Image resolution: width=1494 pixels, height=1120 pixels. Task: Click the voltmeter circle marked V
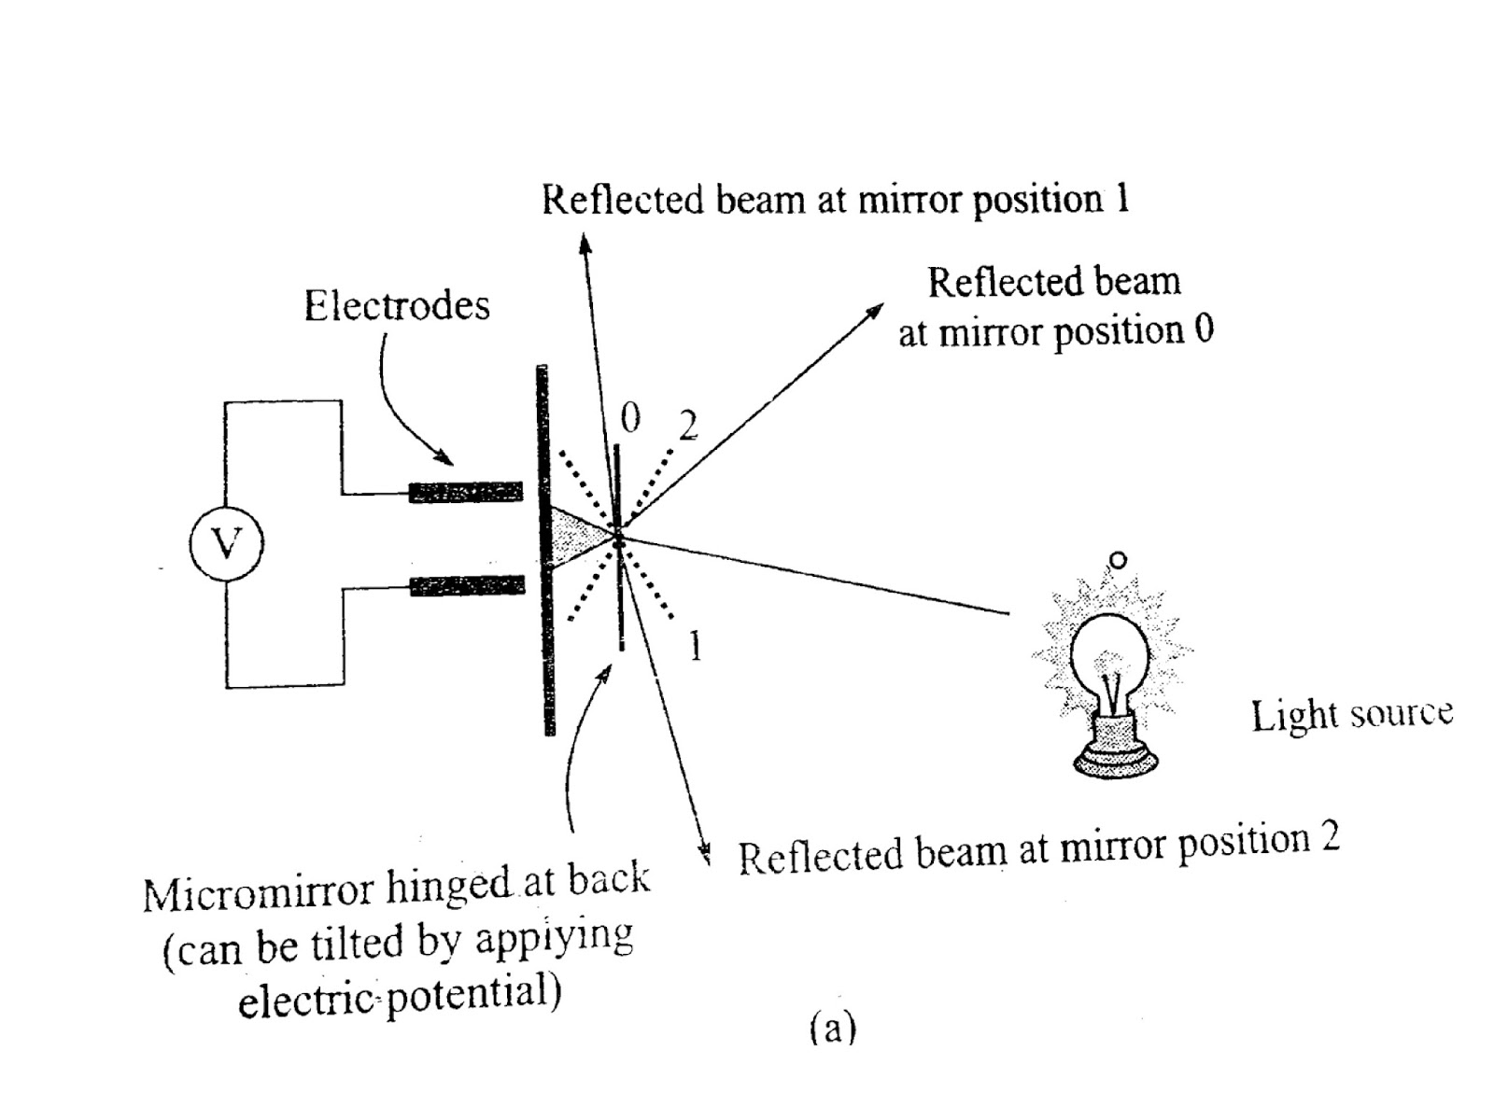[x=226, y=543]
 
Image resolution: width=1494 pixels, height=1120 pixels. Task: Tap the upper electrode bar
[x=466, y=491]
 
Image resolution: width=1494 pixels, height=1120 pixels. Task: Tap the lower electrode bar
[x=467, y=586]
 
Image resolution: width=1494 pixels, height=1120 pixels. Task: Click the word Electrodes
[x=396, y=305]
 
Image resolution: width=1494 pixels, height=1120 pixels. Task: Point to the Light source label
[x=1351, y=715]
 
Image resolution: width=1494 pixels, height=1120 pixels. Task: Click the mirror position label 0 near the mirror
[x=630, y=419]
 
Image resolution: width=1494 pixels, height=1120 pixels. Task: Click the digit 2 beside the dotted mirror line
[x=688, y=427]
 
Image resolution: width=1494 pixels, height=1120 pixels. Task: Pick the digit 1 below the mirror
[x=694, y=646]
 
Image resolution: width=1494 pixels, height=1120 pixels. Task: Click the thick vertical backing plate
[x=545, y=551]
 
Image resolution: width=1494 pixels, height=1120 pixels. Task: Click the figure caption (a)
[x=830, y=1028]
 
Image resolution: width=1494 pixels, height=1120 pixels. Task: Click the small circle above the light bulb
[x=1118, y=560]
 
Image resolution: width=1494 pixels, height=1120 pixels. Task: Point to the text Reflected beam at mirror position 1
[x=835, y=200]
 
